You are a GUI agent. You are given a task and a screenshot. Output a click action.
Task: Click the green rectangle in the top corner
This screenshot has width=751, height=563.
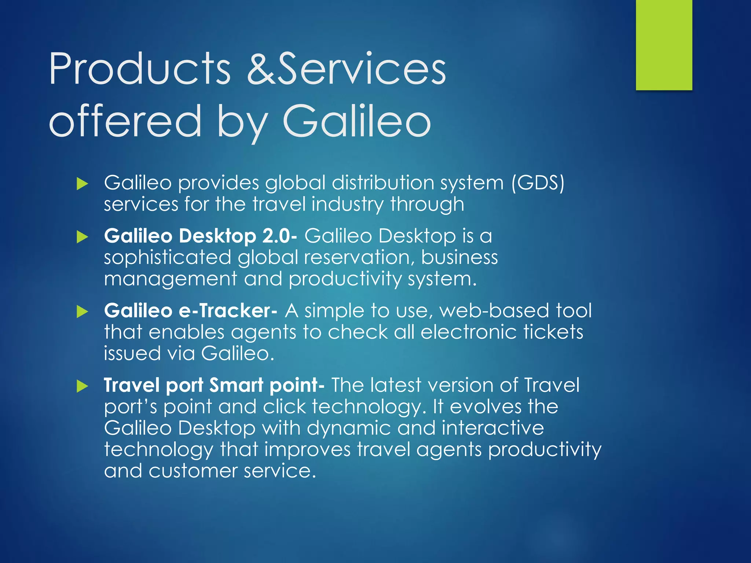pos(664,45)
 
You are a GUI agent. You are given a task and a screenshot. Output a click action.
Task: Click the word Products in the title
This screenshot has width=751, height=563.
pos(140,69)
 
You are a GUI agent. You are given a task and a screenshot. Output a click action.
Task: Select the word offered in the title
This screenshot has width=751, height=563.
pos(125,121)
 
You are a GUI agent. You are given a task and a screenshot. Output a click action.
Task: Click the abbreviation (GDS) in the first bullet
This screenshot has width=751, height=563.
pos(538,183)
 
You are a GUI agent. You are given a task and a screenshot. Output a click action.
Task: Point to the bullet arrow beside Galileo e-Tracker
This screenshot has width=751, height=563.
pos(83,312)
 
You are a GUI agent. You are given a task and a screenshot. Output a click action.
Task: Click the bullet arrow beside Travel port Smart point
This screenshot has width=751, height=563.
pos(83,386)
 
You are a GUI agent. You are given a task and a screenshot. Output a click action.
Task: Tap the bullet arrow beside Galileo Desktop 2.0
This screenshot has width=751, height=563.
pos(83,237)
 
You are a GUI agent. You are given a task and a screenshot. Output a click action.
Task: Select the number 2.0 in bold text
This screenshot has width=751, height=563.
pos(279,236)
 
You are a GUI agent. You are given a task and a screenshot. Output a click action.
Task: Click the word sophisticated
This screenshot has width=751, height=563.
pos(167,258)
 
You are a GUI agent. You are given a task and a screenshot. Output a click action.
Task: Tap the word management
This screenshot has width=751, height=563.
pos(171,280)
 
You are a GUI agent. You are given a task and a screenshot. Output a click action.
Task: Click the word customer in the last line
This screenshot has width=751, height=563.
pos(193,471)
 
